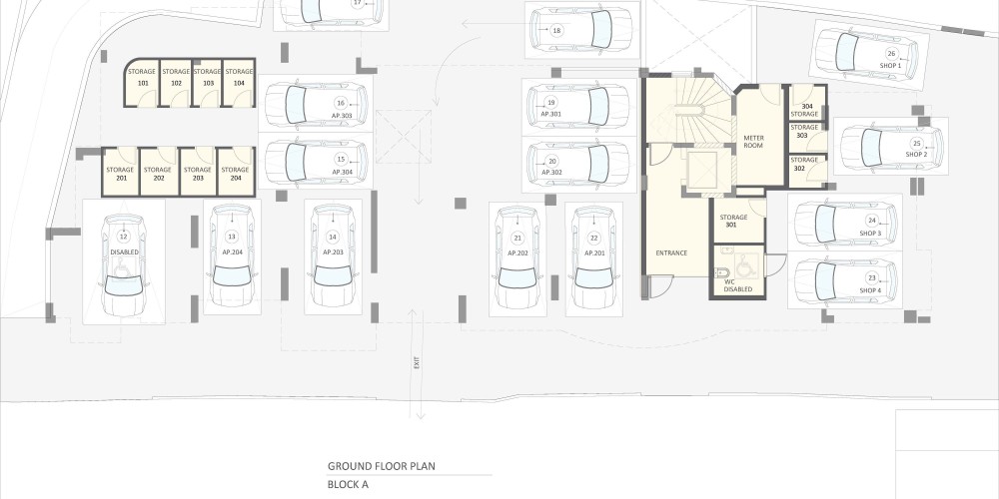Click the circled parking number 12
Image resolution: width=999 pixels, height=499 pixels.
click(124, 237)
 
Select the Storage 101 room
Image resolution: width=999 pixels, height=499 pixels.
click(141, 83)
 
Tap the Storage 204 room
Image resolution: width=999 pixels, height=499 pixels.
click(236, 172)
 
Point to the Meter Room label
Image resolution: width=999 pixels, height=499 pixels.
click(753, 142)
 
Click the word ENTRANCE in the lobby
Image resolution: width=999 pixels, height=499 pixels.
click(671, 253)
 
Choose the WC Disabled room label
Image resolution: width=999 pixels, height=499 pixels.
click(738, 285)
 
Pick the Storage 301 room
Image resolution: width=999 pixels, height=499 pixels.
click(739, 221)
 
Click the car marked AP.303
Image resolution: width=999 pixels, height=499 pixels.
click(316, 104)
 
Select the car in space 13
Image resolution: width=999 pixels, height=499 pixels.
click(232, 254)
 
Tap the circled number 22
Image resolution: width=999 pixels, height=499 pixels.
click(594, 239)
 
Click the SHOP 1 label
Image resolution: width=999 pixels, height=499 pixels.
click(891, 66)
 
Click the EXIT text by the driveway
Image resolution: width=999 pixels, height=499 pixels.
click(417, 363)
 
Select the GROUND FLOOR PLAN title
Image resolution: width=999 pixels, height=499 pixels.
click(382, 466)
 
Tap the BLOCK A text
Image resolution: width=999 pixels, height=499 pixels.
click(348, 484)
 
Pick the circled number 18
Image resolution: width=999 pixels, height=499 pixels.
click(556, 30)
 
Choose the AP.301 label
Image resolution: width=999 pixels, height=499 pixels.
click(551, 114)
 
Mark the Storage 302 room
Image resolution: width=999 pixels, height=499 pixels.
click(808, 171)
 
